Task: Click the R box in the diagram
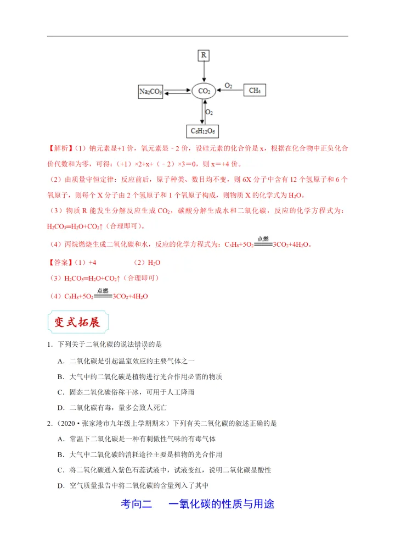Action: point(204,55)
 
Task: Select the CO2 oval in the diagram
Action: point(204,91)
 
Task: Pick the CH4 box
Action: point(254,90)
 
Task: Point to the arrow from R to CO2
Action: point(204,71)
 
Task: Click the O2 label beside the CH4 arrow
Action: point(228,85)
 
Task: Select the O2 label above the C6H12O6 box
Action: point(209,112)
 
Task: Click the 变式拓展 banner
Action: point(77,322)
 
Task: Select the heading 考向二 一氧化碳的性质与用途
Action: point(197,503)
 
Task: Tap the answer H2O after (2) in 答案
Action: point(154,263)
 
